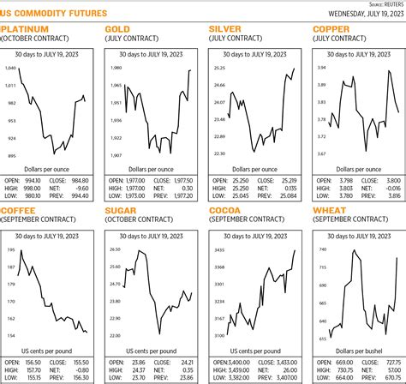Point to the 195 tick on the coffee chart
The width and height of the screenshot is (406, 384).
pos(11,249)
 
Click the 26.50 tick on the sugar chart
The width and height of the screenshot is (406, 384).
pos(116,249)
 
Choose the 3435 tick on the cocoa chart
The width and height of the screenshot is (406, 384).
pos(219,249)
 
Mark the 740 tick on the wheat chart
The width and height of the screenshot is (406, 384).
pos(323,249)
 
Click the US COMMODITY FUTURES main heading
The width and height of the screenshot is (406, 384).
pos(53,14)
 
